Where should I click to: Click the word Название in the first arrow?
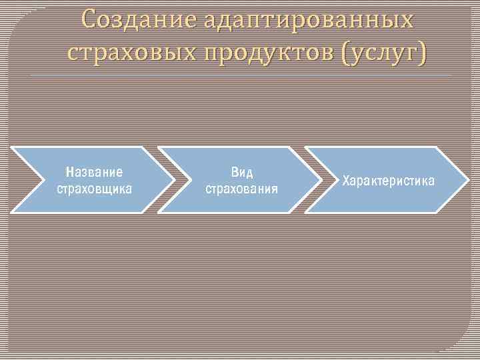click(x=94, y=172)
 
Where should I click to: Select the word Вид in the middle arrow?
click(x=241, y=172)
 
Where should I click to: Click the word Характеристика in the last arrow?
click(x=389, y=181)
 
